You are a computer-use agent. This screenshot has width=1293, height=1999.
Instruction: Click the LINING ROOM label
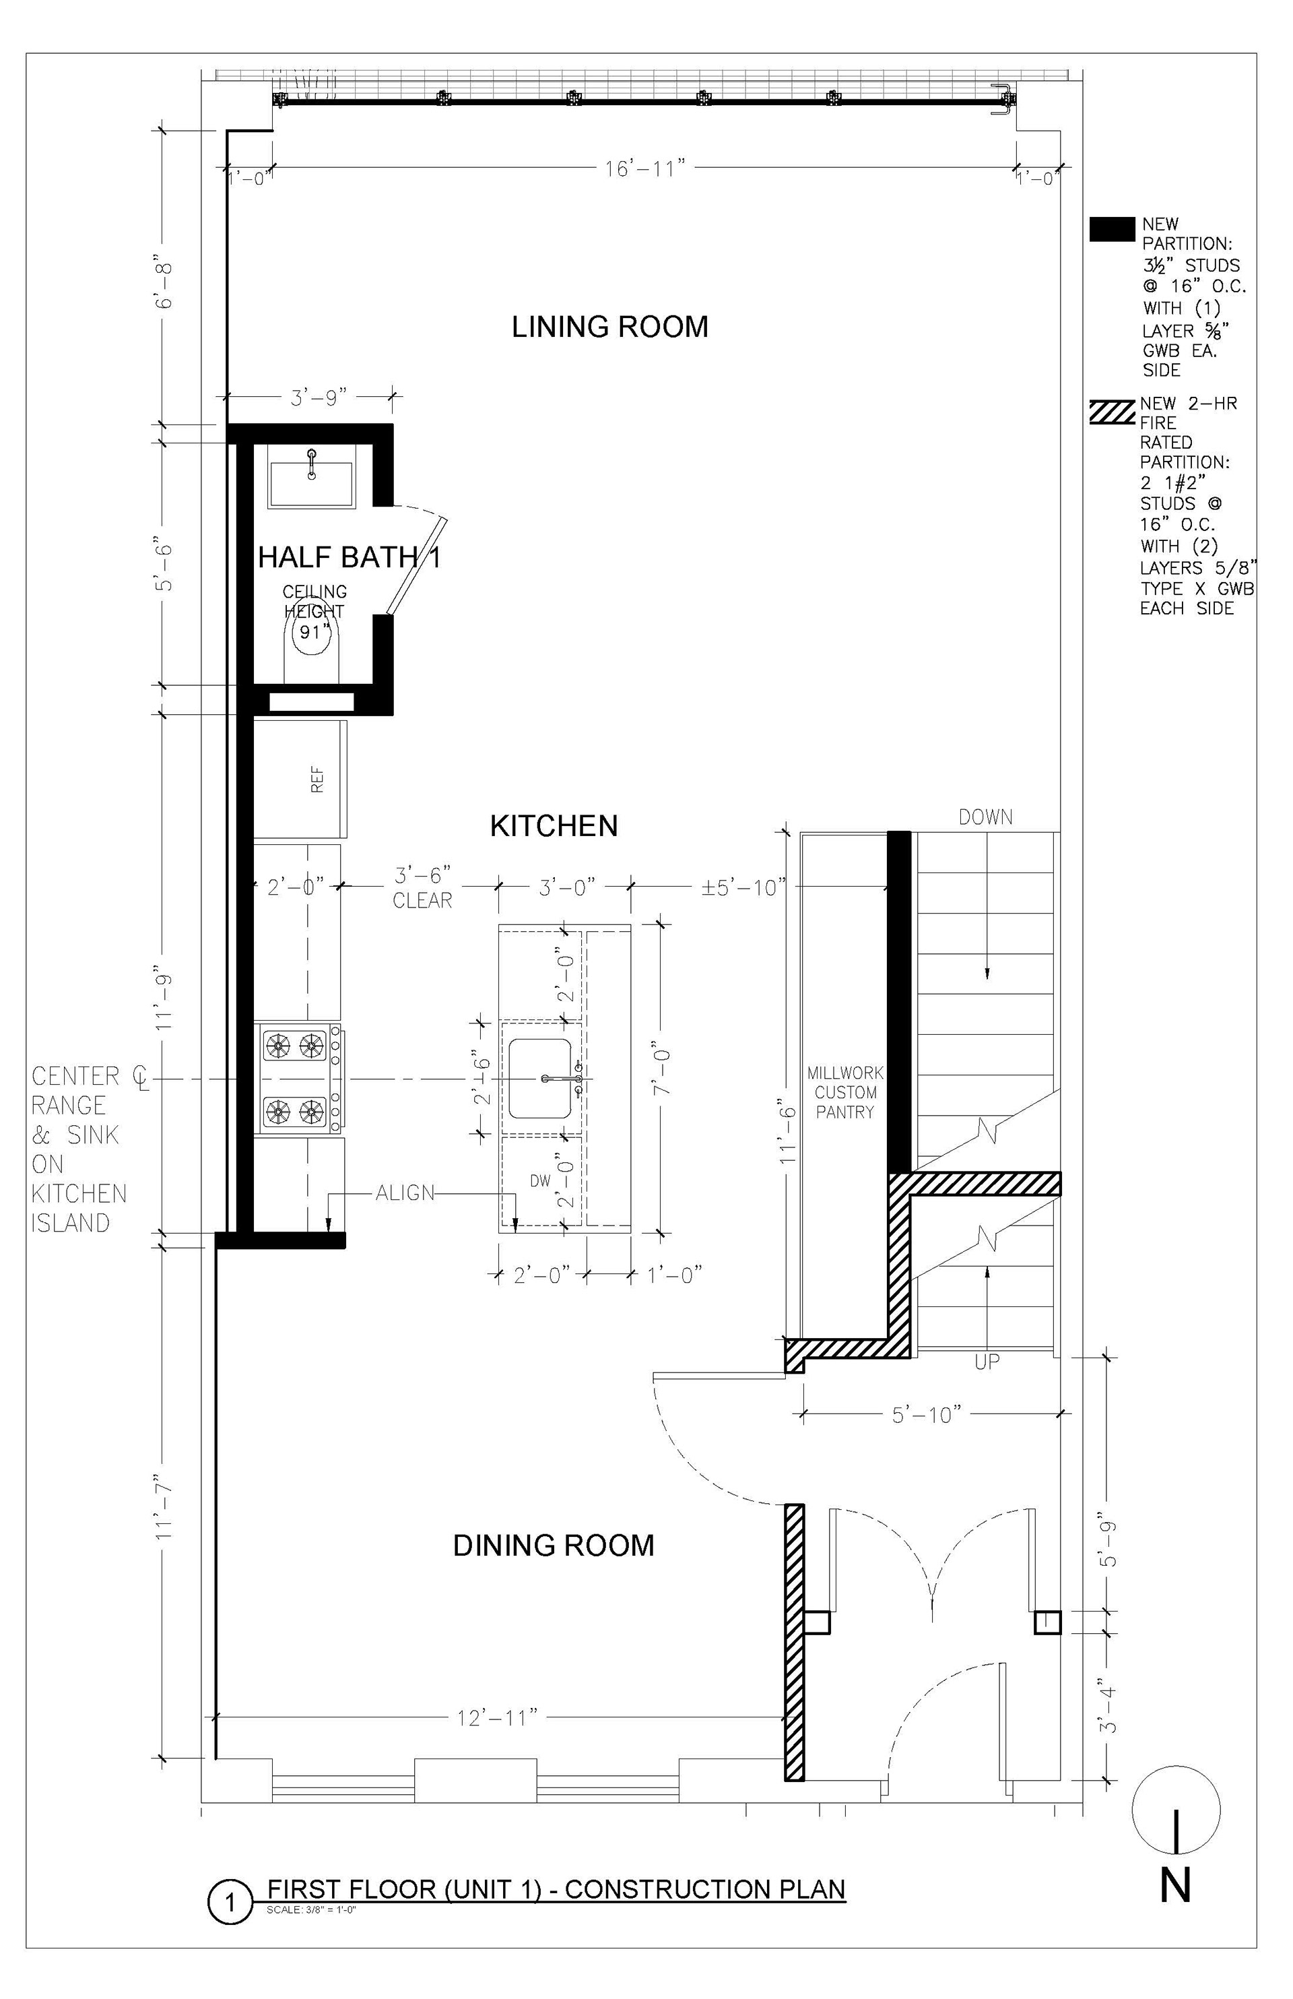tap(610, 327)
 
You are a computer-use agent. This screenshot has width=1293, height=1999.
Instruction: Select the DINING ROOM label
tap(554, 1546)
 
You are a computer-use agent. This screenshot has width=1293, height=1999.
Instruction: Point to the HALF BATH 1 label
tap(350, 557)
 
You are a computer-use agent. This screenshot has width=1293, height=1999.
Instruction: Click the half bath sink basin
tap(310, 484)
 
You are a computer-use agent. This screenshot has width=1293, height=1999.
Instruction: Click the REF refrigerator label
tap(317, 780)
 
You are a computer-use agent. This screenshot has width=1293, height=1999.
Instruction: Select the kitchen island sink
tap(540, 1079)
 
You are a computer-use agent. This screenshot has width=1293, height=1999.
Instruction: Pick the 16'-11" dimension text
tap(646, 169)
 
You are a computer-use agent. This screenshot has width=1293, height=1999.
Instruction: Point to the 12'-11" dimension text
tap(497, 1719)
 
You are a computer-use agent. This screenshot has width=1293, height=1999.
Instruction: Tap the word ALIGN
tap(405, 1193)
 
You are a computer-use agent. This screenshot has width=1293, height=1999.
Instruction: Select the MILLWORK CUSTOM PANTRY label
tap(845, 1093)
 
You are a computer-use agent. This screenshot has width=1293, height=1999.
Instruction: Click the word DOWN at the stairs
tap(986, 817)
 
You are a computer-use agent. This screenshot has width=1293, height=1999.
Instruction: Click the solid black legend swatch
tap(1113, 229)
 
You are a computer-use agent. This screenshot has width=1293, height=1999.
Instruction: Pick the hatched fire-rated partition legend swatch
tap(1113, 412)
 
